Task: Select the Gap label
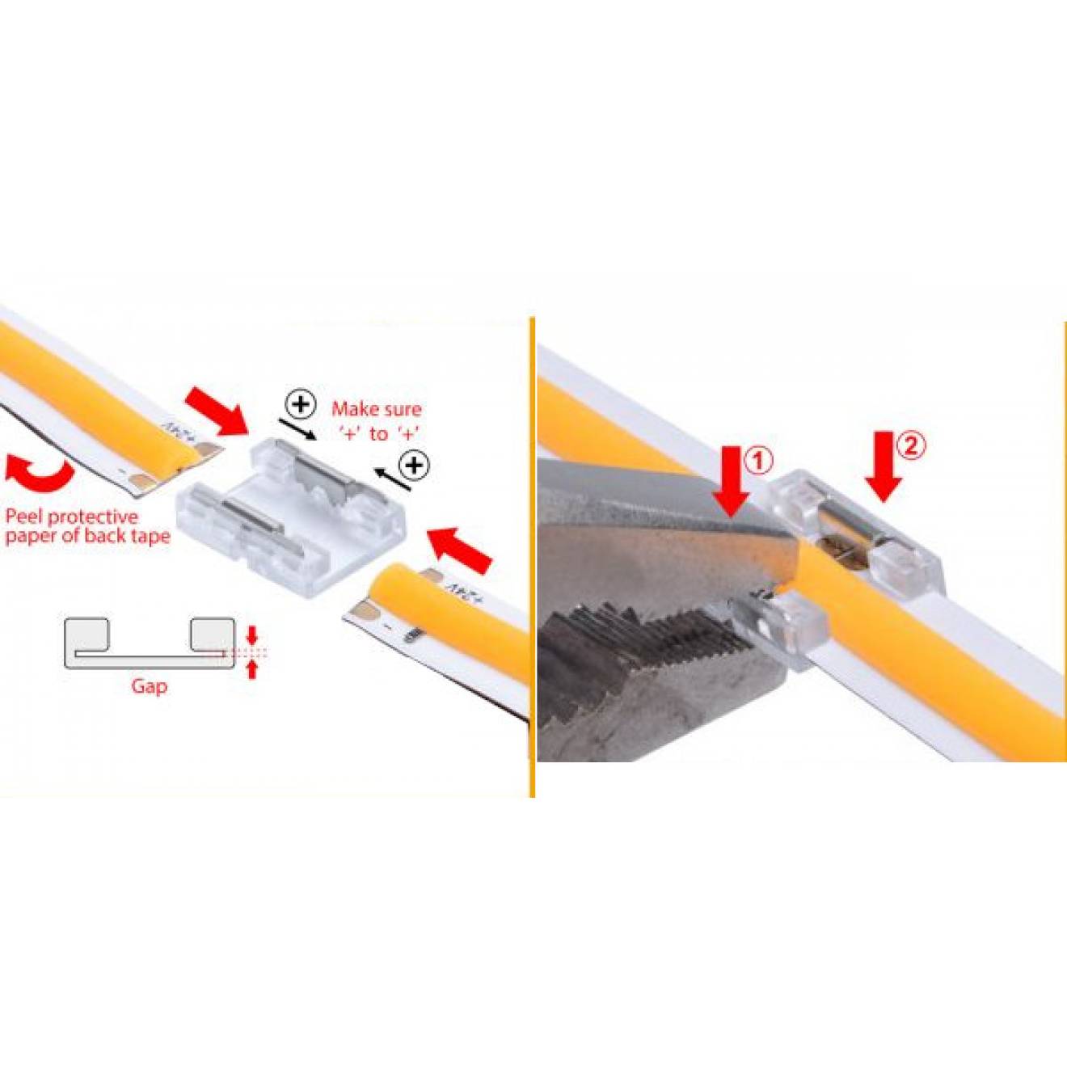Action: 150,686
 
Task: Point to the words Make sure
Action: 376,409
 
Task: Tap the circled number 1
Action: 760,462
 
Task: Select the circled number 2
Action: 911,446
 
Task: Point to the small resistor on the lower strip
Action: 412,635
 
